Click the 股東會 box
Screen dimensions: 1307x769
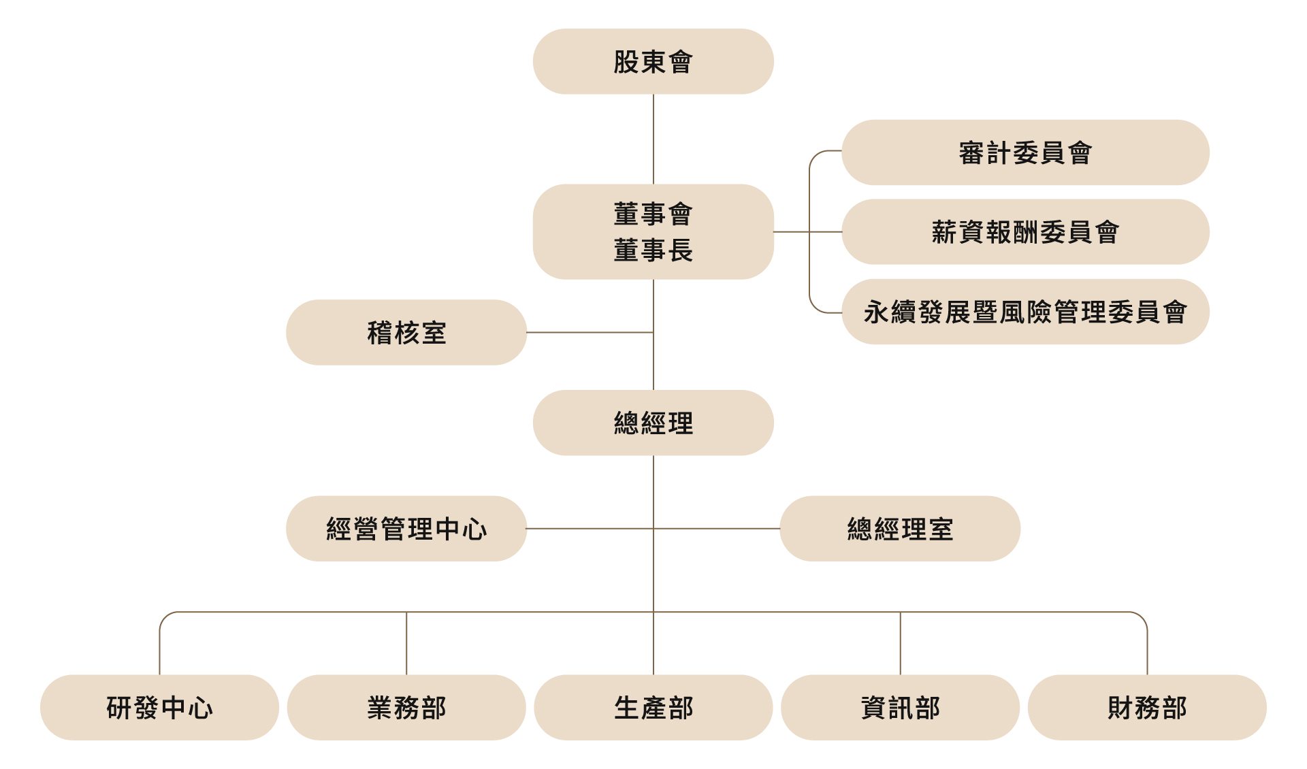pos(653,61)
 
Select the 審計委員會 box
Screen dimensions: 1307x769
pos(1025,152)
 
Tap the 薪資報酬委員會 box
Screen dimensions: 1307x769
pos(1025,232)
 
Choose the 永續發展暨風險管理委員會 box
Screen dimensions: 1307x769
pos(1025,312)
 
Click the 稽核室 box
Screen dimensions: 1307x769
pos(406,333)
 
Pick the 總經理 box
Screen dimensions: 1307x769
pos(653,423)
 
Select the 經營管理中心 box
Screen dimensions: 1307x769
pos(406,529)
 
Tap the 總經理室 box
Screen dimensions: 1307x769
pos(900,529)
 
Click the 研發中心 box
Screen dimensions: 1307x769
pos(160,708)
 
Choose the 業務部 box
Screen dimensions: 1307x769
pos(406,708)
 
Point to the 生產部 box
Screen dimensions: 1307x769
pos(653,708)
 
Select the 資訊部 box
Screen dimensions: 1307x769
pos(900,708)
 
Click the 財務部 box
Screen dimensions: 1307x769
pos(1147,708)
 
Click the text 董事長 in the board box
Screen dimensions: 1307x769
pos(653,250)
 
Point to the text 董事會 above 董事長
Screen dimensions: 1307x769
pos(653,214)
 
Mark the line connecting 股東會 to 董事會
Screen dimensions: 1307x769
pos(653,139)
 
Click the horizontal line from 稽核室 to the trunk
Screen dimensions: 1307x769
pos(590,333)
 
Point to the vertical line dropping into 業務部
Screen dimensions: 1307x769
pos(406,644)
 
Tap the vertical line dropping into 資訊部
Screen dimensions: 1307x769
pos(900,644)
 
